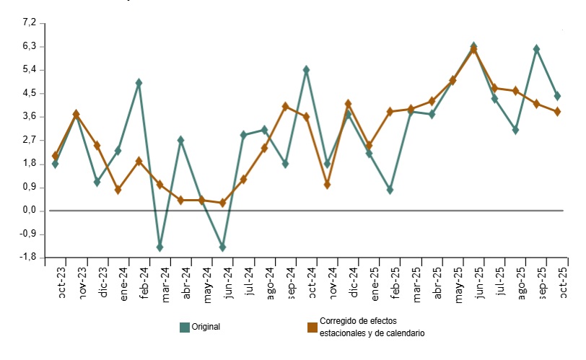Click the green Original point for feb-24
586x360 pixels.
(139, 83)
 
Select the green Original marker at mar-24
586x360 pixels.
(159, 247)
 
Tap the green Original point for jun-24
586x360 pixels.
(222, 247)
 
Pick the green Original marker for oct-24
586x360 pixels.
(306, 70)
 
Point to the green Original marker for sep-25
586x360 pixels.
(536, 49)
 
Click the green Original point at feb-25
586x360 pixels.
(390, 190)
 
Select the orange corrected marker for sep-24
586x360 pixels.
(285, 106)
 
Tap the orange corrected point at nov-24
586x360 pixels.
(327, 185)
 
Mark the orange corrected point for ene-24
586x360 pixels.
(118, 190)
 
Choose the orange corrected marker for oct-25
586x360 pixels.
(557, 112)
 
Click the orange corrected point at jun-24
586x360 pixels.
(222, 203)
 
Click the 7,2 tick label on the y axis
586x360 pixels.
(29, 23)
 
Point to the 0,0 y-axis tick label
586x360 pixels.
(29, 211)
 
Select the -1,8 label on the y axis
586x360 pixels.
(27, 258)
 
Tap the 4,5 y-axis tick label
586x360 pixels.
(29, 93)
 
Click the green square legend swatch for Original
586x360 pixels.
(185, 328)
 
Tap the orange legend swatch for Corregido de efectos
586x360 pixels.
(312, 328)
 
